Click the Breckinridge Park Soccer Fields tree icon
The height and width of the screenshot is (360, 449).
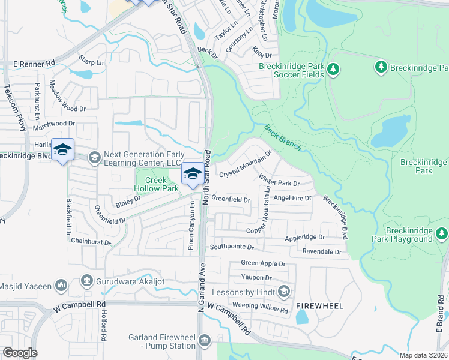pos(333,70)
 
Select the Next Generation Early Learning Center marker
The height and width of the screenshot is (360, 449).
pos(94,158)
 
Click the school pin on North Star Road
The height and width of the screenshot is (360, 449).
pos(192,175)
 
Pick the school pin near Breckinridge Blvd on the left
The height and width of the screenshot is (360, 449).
pos(62,150)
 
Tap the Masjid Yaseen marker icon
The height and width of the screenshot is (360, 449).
pos(60,284)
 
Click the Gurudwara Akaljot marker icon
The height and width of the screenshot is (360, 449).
pos(88,280)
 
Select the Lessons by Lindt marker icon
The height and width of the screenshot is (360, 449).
pos(284,292)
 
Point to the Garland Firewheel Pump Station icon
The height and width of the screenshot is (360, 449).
pos(204,341)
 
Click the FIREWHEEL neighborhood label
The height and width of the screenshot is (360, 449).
pos(319,306)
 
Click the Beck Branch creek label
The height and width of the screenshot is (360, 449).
pos(282,137)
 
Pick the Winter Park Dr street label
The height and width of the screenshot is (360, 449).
pos(279,179)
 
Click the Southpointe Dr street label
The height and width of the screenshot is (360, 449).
pos(232,247)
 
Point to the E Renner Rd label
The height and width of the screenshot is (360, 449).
pos(34,62)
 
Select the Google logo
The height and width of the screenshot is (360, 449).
pos(20,353)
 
